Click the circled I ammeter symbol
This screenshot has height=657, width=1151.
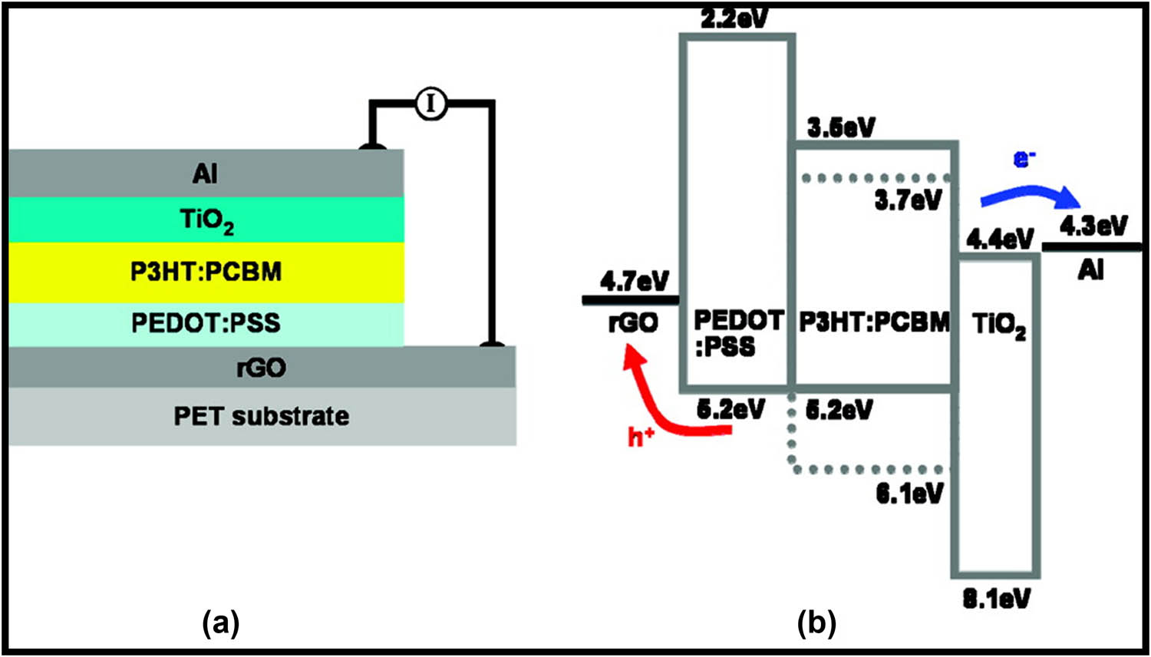(431, 103)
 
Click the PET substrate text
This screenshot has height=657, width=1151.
(261, 417)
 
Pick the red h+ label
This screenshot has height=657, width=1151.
(641, 437)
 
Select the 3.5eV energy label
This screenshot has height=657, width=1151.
(841, 127)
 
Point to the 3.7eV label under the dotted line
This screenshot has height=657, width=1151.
(908, 201)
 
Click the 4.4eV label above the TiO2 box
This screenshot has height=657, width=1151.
(1000, 239)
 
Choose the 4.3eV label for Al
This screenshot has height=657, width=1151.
(1093, 226)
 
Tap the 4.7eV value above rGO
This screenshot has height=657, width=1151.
(635, 281)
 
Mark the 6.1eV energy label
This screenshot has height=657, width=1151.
(909, 494)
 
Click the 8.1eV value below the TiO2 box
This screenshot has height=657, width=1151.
(996, 599)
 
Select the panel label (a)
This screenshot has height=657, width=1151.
(221, 622)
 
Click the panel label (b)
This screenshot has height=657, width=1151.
(816, 622)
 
